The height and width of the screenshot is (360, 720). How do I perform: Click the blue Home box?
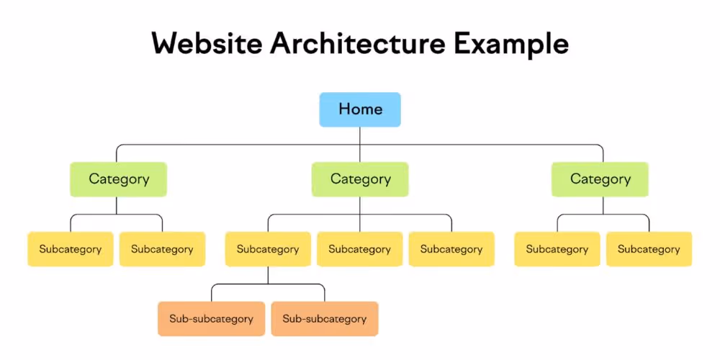pos(360,109)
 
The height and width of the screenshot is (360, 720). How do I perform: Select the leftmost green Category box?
pos(119,179)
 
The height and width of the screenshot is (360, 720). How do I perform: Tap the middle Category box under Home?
pos(360,179)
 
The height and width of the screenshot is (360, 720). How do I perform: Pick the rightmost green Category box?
pos(600,179)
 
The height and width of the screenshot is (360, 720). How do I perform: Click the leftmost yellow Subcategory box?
pos(71,249)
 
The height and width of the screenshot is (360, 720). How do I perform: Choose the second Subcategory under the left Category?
pos(162,249)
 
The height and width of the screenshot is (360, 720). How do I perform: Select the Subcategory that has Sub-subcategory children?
pos(268,249)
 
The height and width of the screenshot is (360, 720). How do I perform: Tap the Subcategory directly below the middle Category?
pos(359,249)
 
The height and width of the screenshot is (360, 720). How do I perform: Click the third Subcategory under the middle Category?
pos(451,249)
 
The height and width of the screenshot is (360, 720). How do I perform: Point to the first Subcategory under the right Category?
pos(557,249)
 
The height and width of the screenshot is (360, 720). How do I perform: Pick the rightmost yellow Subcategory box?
pos(649,249)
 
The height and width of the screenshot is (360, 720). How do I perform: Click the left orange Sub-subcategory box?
pos(211,319)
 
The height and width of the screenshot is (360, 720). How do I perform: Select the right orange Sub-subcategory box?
pos(325,319)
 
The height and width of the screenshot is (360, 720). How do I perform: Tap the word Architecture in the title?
pos(358,44)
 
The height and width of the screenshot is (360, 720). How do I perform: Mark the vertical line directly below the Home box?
pos(360,144)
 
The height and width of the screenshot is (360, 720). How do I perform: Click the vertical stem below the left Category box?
pos(116,206)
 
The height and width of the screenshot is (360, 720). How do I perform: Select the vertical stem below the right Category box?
pos(603,206)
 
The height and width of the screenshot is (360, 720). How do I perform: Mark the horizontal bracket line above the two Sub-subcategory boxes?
pos(268,284)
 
